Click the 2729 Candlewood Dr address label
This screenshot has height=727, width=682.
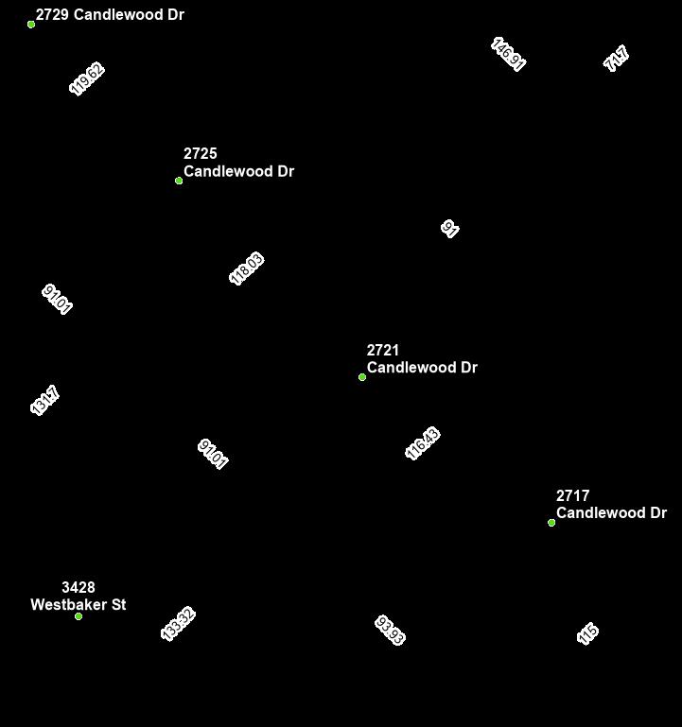(x=110, y=15)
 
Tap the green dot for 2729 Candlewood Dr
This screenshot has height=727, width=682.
(x=31, y=25)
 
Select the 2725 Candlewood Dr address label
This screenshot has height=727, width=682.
(x=238, y=163)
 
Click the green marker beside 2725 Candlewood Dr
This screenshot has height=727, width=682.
(x=179, y=181)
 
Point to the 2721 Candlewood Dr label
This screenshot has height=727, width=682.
(x=422, y=359)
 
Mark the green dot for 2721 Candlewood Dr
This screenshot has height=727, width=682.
(x=362, y=377)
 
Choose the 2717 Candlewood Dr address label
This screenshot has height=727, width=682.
(x=611, y=505)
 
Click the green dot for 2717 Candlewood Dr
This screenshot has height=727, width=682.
(x=551, y=523)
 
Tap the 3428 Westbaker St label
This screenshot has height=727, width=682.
(x=79, y=597)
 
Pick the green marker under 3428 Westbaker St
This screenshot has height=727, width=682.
(x=79, y=616)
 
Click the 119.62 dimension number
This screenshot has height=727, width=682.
(x=87, y=79)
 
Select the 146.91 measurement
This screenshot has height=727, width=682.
(x=509, y=55)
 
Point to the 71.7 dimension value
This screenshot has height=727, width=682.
(x=617, y=59)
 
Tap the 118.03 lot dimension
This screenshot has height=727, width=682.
(x=247, y=268)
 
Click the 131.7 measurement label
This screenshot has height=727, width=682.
(x=45, y=400)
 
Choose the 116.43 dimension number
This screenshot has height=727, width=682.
(x=423, y=443)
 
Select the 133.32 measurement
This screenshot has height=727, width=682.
(x=178, y=624)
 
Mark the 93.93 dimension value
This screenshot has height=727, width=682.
(x=390, y=631)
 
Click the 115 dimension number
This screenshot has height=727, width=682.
(x=588, y=633)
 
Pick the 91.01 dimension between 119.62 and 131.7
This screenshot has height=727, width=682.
(x=58, y=299)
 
